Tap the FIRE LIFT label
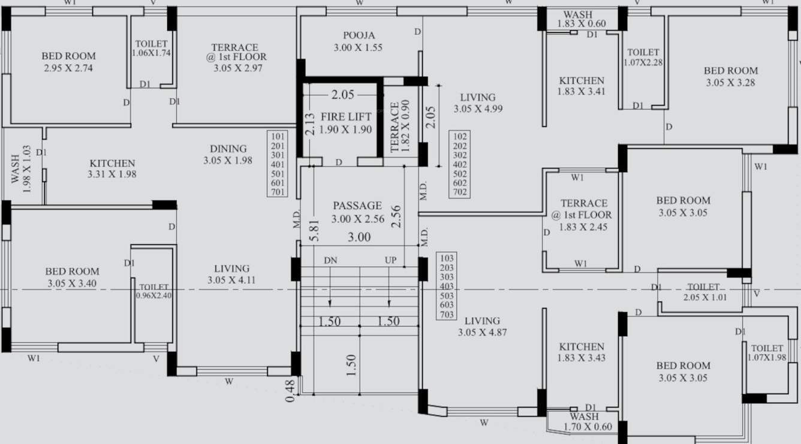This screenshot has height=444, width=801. (345, 117)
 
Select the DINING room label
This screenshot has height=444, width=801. (228, 149)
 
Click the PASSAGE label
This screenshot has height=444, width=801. (357, 206)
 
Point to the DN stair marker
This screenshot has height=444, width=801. (330, 261)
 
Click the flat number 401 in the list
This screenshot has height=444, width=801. (278, 164)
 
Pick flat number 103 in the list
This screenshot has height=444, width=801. (447, 258)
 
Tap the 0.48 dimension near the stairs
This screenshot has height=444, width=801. (291, 390)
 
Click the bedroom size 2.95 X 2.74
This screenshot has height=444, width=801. (68, 68)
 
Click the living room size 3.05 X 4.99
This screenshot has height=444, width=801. (478, 109)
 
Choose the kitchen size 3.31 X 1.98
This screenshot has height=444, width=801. (112, 174)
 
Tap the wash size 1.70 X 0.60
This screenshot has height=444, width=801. (588, 427)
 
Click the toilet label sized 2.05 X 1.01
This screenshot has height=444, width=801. (703, 288)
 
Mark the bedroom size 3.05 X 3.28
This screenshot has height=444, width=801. (730, 83)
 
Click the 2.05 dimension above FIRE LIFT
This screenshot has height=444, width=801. (342, 95)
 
